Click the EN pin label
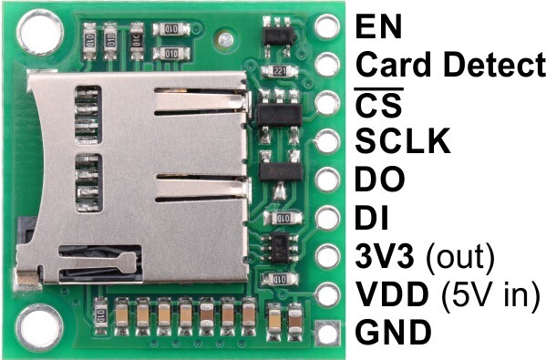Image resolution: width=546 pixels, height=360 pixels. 378,26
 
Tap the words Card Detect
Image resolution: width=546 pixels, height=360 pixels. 450,65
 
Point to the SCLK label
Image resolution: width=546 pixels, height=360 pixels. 403,141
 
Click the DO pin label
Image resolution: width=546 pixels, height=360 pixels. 380,180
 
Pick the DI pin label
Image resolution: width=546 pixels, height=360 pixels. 372,218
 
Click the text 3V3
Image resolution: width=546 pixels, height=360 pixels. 385,256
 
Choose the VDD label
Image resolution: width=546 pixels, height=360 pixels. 393,294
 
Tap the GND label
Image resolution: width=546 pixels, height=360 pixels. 394,332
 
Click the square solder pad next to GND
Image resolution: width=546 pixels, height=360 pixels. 327,334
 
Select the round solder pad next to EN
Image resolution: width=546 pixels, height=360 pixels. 327,26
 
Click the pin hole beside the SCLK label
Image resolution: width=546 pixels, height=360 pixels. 327,141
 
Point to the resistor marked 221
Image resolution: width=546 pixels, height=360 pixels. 280,71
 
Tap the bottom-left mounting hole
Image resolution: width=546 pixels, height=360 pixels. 39,327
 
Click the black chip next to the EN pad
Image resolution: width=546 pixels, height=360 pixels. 278,36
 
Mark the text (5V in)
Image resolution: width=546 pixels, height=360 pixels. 490,295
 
